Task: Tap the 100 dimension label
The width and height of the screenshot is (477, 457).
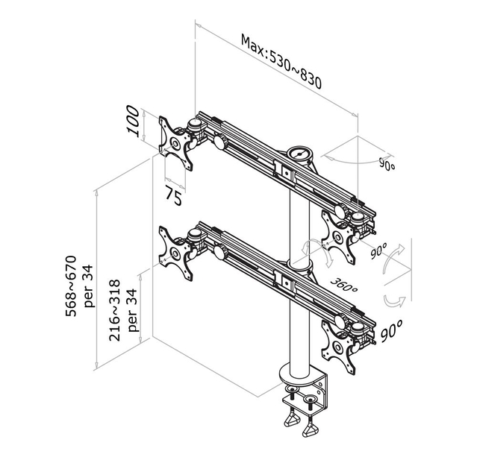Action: (134, 121)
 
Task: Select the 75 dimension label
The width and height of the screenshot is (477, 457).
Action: (174, 197)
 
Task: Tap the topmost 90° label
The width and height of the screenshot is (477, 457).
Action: (386, 165)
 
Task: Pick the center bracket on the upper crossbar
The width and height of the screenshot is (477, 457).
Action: (284, 171)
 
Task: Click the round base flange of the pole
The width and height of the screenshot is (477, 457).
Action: (299, 373)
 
